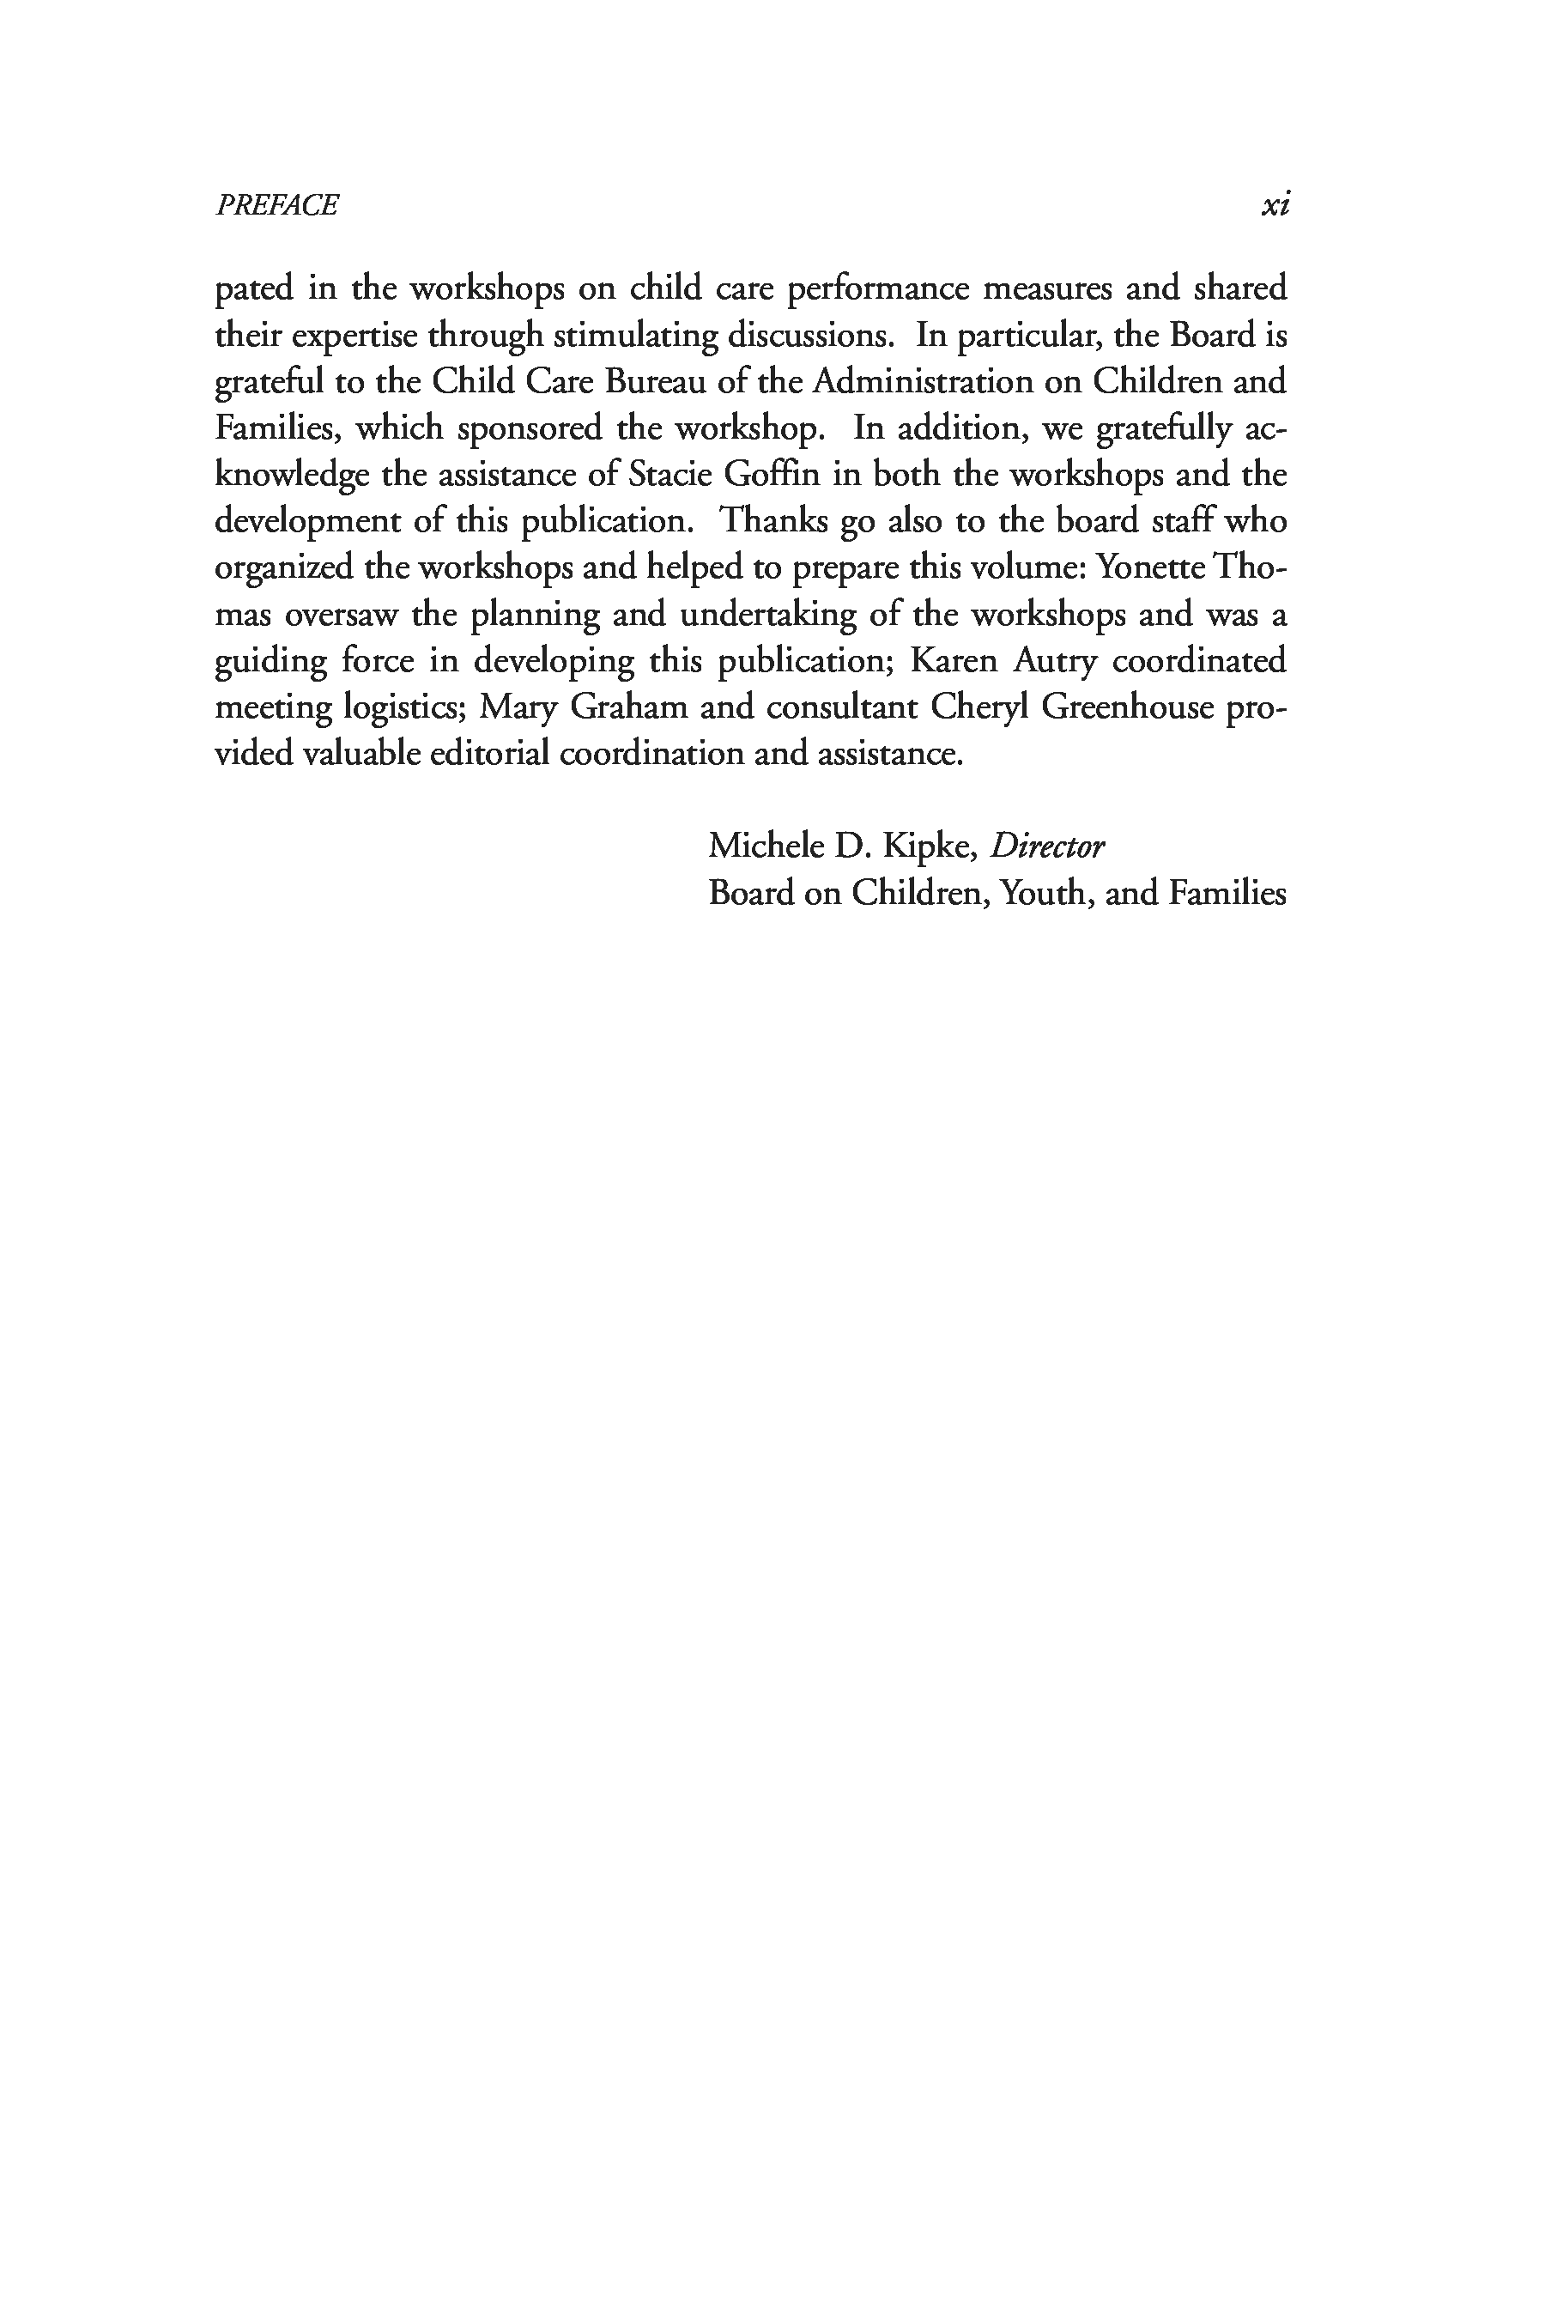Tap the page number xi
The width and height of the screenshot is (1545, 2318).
[x=1275, y=205]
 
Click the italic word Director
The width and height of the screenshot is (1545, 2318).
[x=1047, y=846]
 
